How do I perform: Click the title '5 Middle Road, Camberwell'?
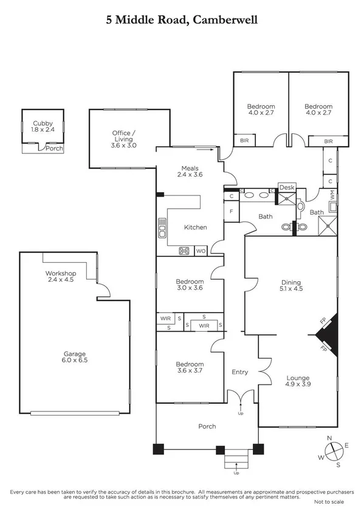[x=182, y=20]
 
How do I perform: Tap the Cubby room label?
[x=43, y=126]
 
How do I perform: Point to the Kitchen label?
[x=196, y=227]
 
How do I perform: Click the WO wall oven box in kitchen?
[x=201, y=251]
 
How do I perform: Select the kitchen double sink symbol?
[x=162, y=230]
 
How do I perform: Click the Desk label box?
[x=286, y=188]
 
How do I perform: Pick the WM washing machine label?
[x=332, y=195]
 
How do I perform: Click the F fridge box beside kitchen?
[x=232, y=212]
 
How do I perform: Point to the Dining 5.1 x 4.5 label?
[x=291, y=285]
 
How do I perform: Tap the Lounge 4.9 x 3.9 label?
[x=298, y=380]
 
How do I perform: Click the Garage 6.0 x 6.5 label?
[x=75, y=357]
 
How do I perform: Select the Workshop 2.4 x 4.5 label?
[x=59, y=277]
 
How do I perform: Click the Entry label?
[x=240, y=372]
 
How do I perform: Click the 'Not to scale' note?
[x=329, y=501]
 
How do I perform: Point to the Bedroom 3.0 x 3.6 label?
[x=189, y=285]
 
